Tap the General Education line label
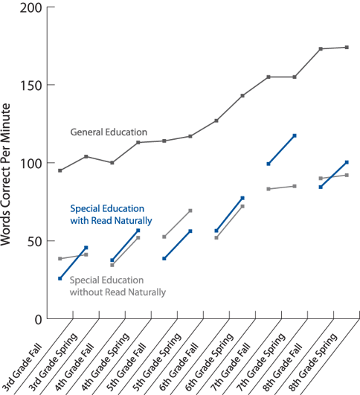[109, 132]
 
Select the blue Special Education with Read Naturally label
[112, 215]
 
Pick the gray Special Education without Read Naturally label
[118, 286]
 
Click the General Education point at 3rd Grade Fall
[60, 170]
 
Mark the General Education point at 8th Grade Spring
[347, 48]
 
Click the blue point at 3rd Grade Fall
[60, 278]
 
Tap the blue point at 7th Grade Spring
[295, 135]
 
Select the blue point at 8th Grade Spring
[347, 162]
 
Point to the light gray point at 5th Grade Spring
[190, 211]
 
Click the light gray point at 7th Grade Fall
[269, 189]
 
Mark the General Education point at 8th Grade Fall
[321, 49]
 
